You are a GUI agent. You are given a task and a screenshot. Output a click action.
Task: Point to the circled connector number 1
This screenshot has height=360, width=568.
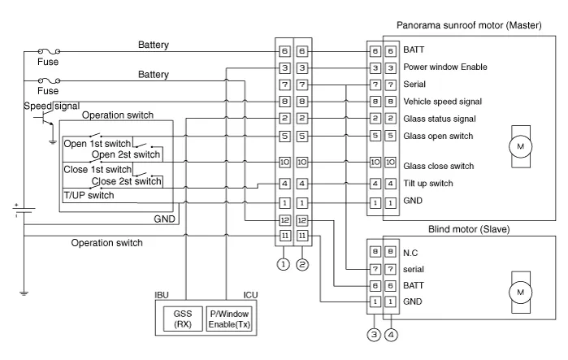click(x=282, y=263)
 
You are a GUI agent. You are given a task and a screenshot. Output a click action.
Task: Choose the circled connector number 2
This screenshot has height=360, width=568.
click(x=301, y=263)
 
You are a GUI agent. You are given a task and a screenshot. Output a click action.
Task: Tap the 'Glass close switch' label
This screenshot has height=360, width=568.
click(x=438, y=167)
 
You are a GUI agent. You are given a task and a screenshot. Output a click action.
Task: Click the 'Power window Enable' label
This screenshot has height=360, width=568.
click(x=445, y=67)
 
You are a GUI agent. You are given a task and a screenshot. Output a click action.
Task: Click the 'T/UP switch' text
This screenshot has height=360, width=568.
click(x=89, y=196)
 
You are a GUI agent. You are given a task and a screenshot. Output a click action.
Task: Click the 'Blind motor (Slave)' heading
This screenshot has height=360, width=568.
click(x=468, y=229)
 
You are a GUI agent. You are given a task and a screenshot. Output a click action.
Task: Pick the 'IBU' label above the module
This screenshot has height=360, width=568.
click(x=163, y=294)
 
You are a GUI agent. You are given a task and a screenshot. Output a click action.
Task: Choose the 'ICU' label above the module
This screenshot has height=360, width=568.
click(x=250, y=294)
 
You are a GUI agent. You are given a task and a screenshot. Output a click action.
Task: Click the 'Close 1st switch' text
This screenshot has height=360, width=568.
click(x=96, y=169)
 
